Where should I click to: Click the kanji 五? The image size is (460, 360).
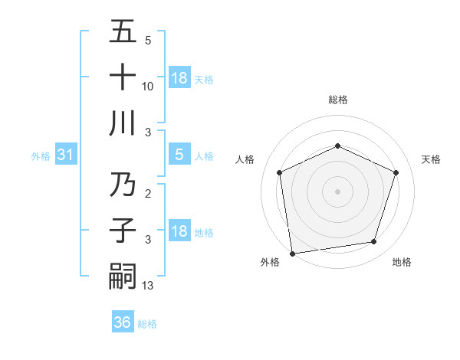[x=123, y=31]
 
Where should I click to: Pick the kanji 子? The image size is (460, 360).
[x=123, y=231]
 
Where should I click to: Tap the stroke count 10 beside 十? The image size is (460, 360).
[x=148, y=87]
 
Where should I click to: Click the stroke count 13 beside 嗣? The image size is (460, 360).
[x=148, y=286]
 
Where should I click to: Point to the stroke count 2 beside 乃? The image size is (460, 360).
[x=148, y=194]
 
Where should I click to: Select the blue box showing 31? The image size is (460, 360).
[x=65, y=155]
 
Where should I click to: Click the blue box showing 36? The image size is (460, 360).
[x=122, y=322]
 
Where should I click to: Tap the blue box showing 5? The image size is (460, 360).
[x=179, y=155]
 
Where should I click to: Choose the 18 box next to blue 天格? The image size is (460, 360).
[x=179, y=78]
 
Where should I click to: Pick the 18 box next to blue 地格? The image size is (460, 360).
[x=179, y=231]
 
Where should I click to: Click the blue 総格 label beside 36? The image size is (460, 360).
[x=147, y=324]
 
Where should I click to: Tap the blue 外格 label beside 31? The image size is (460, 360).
[x=41, y=156]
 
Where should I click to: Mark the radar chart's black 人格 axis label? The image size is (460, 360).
[x=245, y=159]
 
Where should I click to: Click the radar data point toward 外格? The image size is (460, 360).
[x=292, y=252]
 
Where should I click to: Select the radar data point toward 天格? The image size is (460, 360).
[x=396, y=172]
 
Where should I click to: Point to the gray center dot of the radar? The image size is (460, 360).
[x=337, y=191]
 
